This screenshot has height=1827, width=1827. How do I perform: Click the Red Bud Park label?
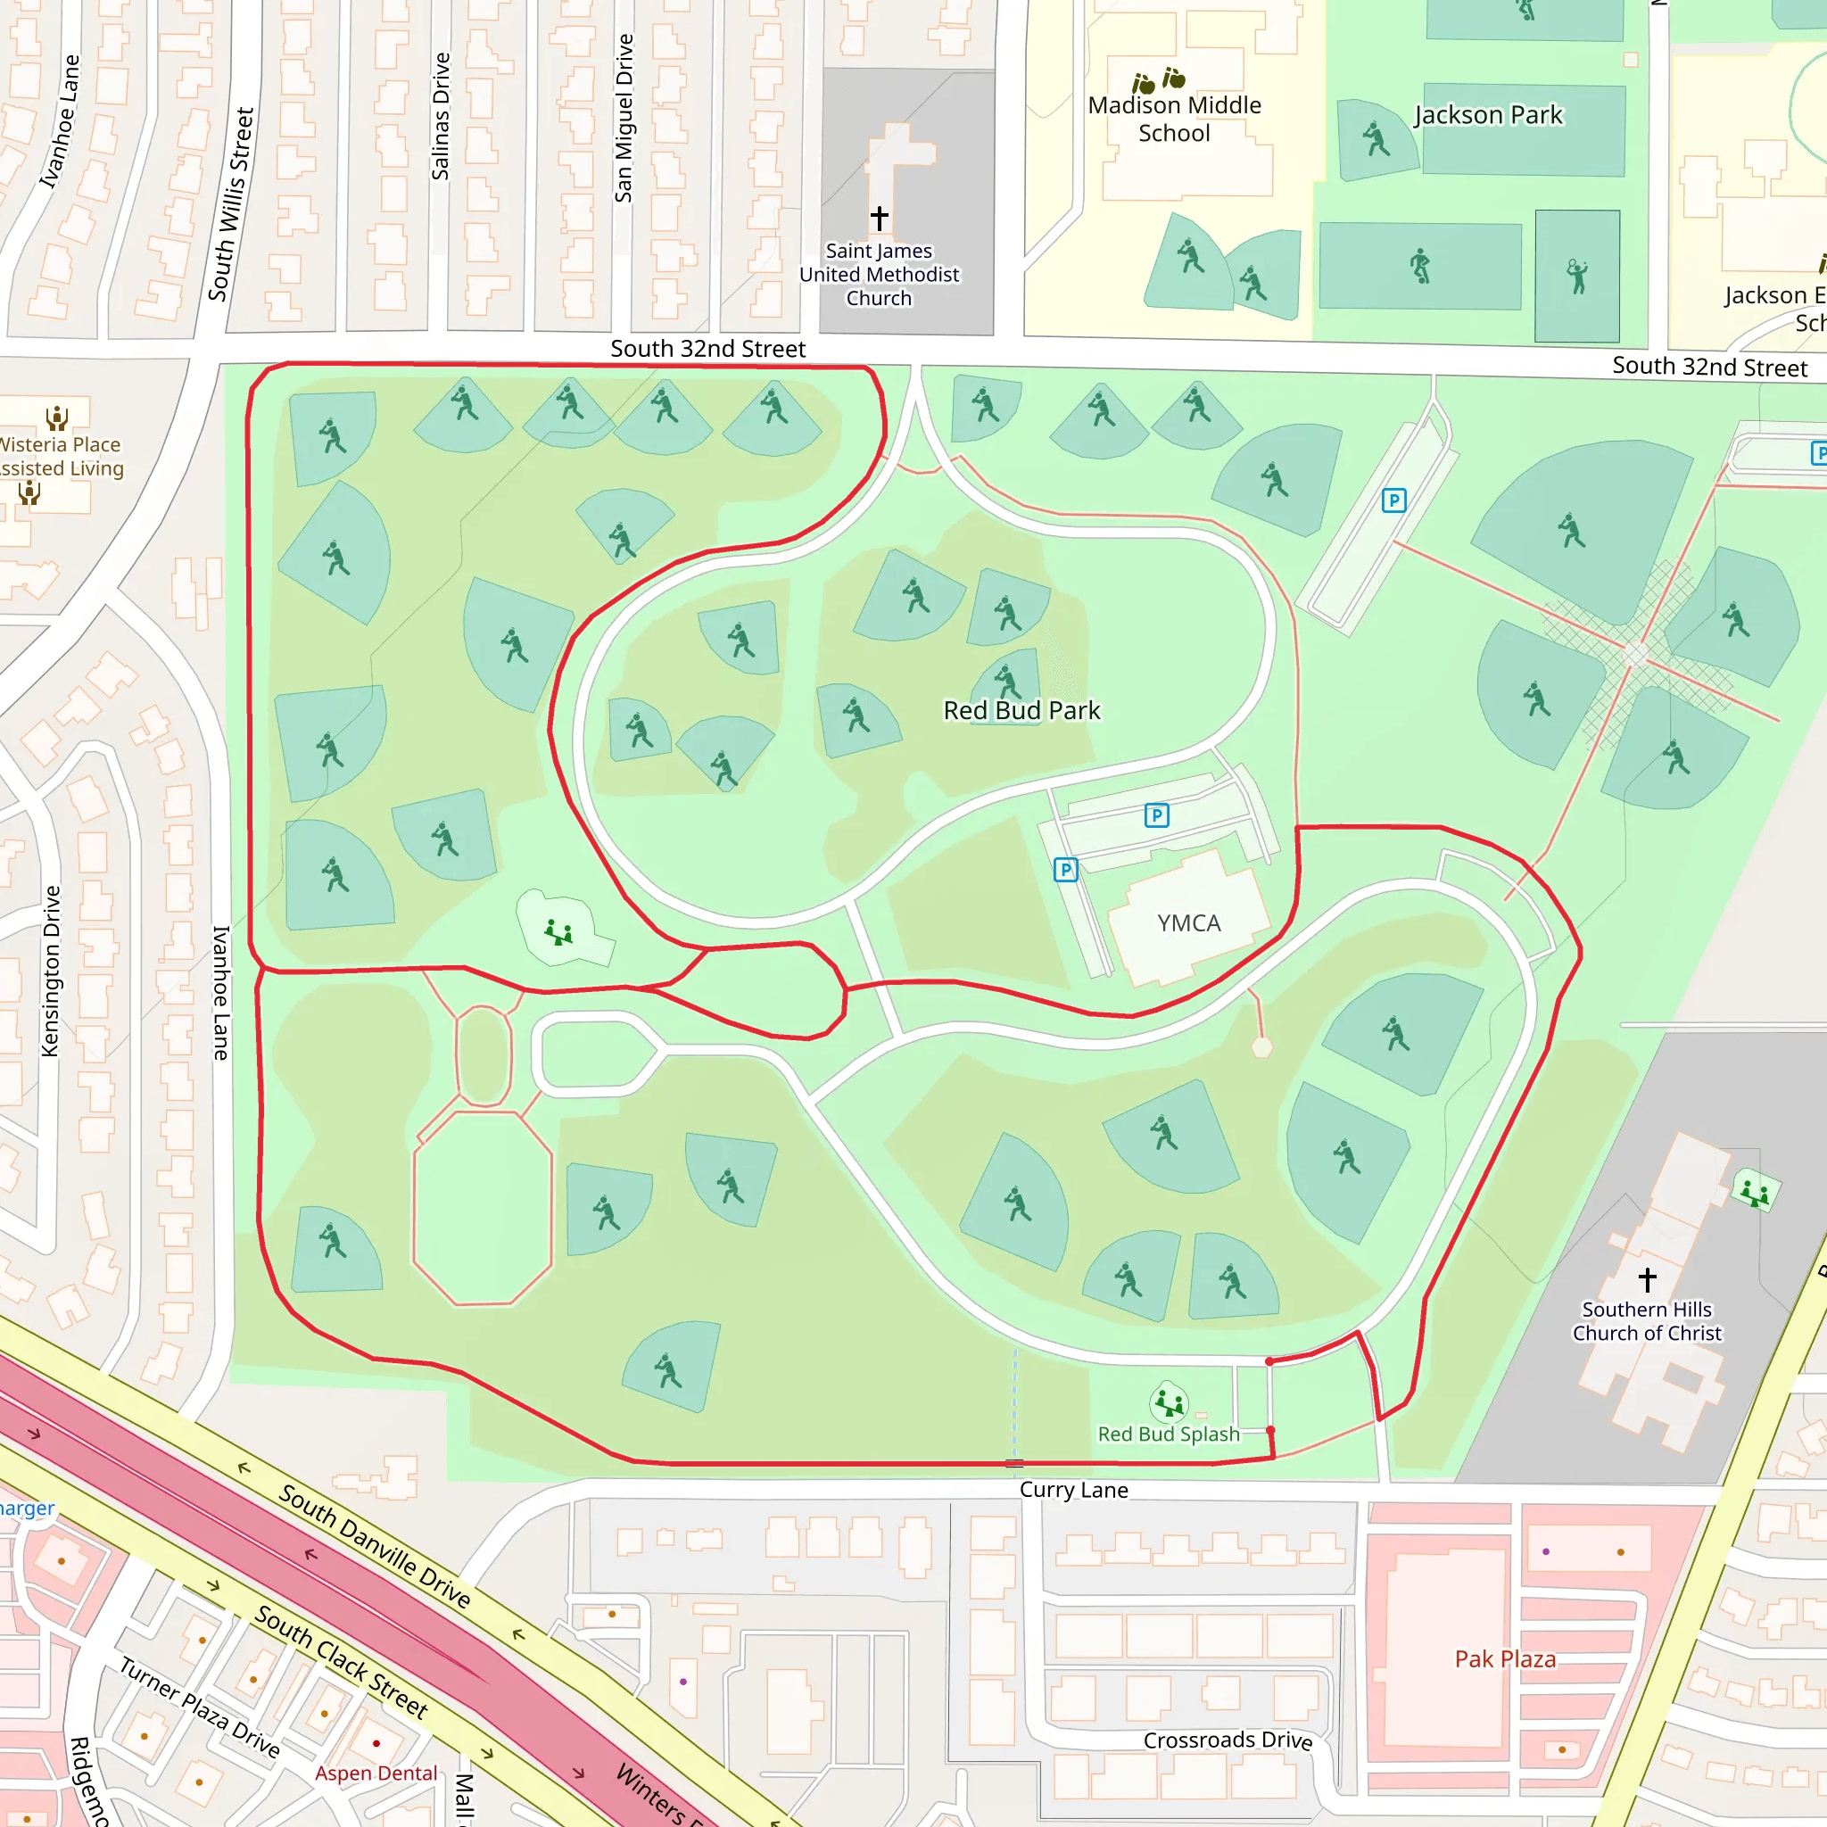pyautogui.click(x=1021, y=710)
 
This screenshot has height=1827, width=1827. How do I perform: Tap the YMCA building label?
pyautogui.click(x=1188, y=923)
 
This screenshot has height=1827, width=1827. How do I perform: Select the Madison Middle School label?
pyautogui.click(x=1175, y=120)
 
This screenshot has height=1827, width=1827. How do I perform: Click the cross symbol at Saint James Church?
pyautogui.click(x=880, y=219)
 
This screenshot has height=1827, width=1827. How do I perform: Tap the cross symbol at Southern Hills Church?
pyautogui.click(x=1648, y=1279)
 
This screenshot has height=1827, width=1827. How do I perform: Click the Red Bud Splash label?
pyautogui.click(x=1168, y=1434)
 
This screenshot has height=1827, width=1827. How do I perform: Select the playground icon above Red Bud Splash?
pyautogui.click(x=1170, y=1403)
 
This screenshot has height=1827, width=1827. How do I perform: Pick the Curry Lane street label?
pyautogui.click(x=1073, y=1490)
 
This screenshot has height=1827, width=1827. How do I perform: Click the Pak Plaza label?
pyautogui.click(x=1505, y=1658)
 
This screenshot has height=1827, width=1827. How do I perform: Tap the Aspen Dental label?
pyautogui.click(x=376, y=1773)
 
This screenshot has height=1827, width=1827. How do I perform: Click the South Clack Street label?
pyautogui.click(x=341, y=1661)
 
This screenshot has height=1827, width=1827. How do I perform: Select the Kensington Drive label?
pyautogui.click(x=51, y=971)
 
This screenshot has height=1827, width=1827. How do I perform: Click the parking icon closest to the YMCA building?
pyautogui.click(x=1066, y=869)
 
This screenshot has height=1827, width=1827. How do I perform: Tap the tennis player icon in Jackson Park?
pyautogui.click(x=1576, y=277)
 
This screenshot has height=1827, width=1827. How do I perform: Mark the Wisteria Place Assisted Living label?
pyautogui.click(x=59, y=456)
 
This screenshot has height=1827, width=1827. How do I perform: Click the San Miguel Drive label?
pyautogui.click(x=624, y=119)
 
